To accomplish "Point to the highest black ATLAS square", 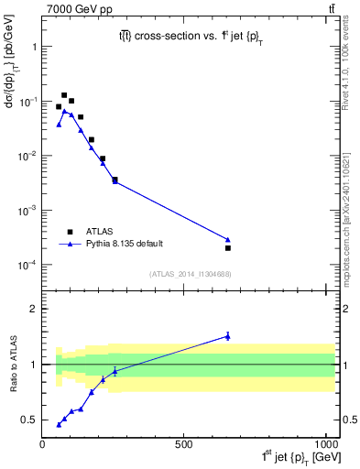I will pos(64,95).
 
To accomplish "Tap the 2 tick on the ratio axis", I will pos(33,309).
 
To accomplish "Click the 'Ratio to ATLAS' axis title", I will pos(12,365).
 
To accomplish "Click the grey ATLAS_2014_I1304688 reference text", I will pos(190,274).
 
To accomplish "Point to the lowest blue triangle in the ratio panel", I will pos(59,424).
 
